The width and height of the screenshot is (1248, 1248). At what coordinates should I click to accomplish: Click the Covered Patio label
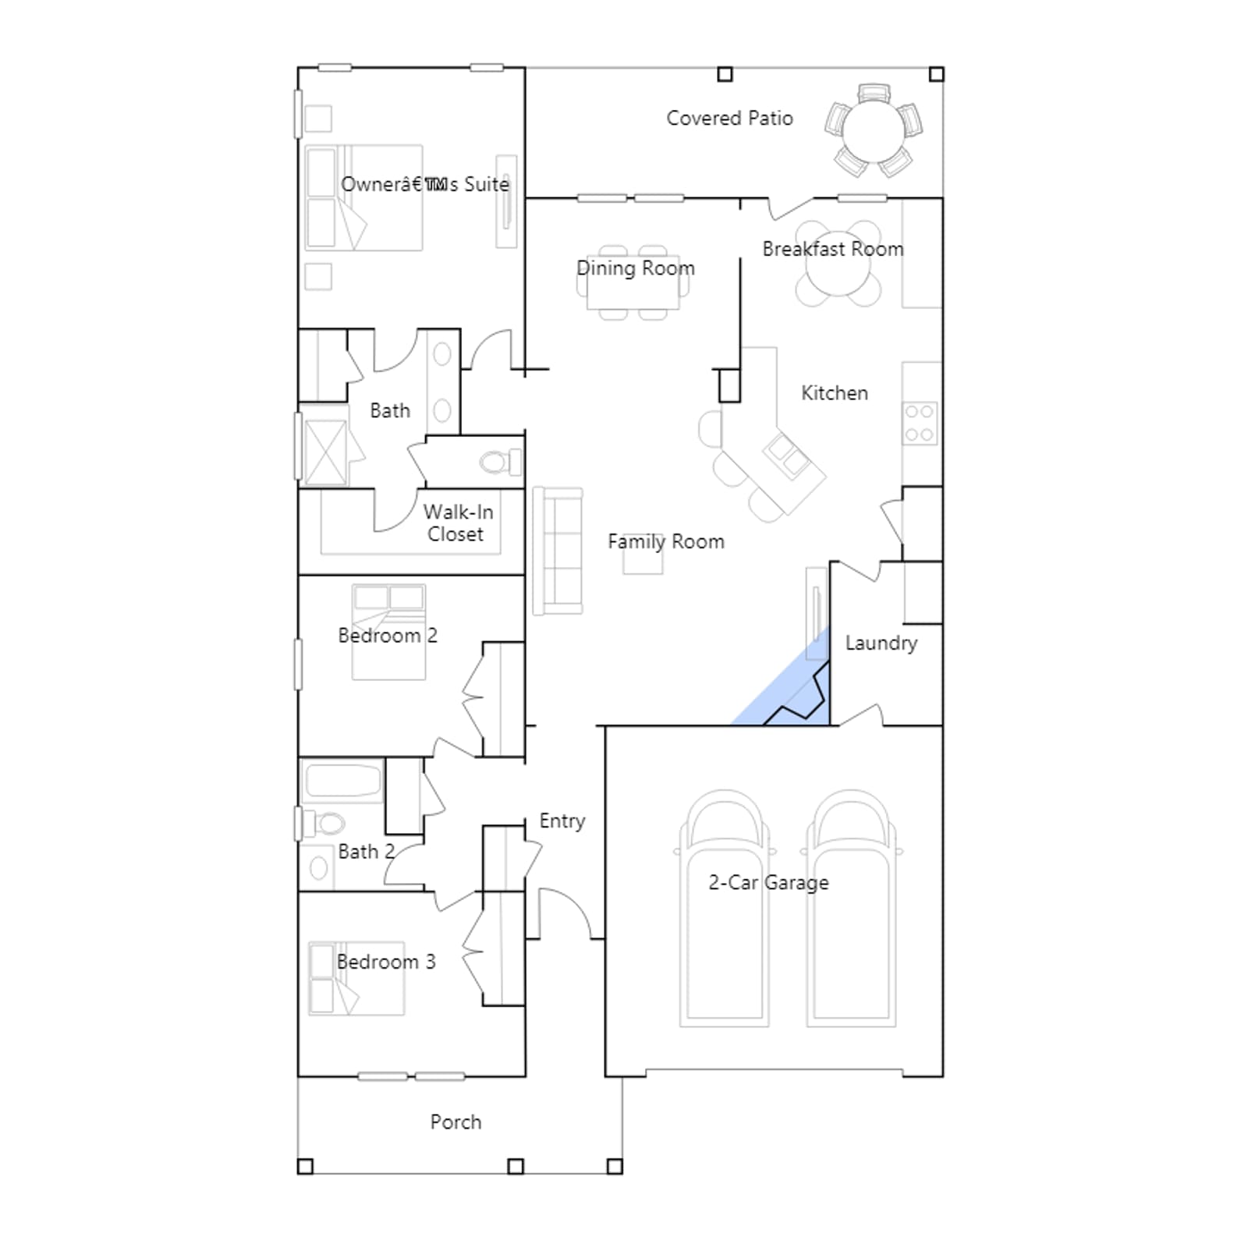[729, 119]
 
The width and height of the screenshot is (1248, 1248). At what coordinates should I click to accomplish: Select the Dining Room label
[636, 268]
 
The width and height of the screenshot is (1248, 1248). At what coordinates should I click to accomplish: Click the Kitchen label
[835, 392]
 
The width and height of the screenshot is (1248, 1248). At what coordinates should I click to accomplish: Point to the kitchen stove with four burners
[920, 424]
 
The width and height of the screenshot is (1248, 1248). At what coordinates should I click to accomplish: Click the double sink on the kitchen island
[786, 455]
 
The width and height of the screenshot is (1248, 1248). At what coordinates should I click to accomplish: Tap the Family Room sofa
[558, 551]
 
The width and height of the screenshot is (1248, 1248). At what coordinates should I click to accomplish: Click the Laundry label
[881, 643]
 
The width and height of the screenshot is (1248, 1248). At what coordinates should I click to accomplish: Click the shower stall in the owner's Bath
[324, 452]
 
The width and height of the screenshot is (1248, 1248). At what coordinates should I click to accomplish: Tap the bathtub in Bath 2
[342, 781]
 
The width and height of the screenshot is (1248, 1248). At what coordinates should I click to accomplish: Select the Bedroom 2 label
[388, 636]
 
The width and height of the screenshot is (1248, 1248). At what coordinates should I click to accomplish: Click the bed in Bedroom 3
[356, 978]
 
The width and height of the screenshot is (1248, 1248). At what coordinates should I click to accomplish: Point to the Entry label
[562, 821]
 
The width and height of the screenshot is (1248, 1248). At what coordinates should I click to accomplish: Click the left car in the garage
[725, 909]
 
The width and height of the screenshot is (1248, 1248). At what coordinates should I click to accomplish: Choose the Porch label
[456, 1122]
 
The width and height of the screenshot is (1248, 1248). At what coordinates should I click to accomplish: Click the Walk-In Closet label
[458, 523]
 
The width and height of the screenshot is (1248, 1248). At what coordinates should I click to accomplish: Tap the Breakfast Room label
[833, 249]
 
